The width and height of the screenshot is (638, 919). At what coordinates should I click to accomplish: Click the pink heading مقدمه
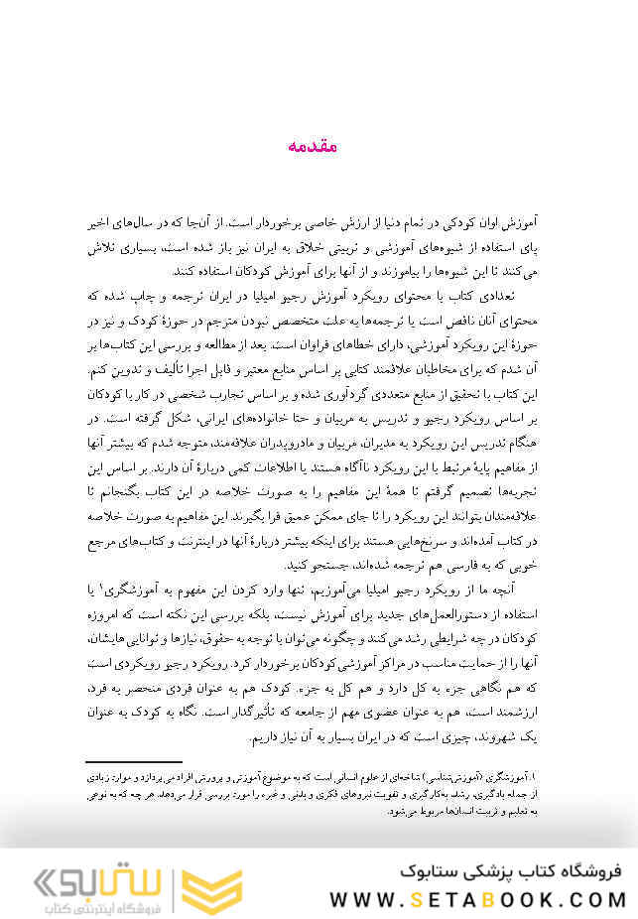[313, 146]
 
